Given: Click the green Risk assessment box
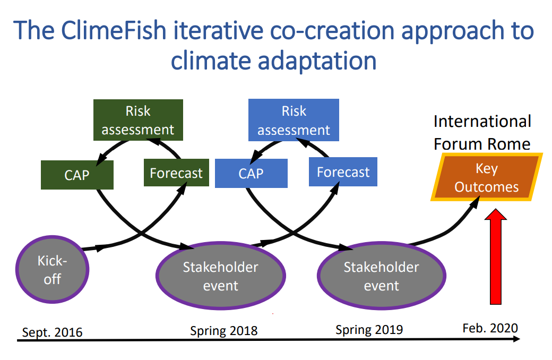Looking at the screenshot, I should (138, 120).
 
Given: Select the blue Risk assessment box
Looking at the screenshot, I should (294, 120).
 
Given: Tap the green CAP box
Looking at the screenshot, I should (77, 175).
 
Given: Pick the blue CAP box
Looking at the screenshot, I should (251, 173).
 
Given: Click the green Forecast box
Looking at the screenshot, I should (176, 173).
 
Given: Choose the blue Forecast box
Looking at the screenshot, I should (343, 172).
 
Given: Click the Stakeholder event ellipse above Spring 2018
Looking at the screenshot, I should (221, 276).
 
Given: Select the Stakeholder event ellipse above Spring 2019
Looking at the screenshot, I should (381, 276).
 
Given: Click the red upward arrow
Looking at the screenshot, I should (497, 257).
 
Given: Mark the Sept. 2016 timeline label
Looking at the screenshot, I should (52, 332).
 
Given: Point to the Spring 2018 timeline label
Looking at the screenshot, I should (223, 331).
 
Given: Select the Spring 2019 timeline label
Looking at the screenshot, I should (369, 330).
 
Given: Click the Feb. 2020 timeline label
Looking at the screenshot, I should (490, 328).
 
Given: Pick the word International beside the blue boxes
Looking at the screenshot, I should (482, 121).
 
